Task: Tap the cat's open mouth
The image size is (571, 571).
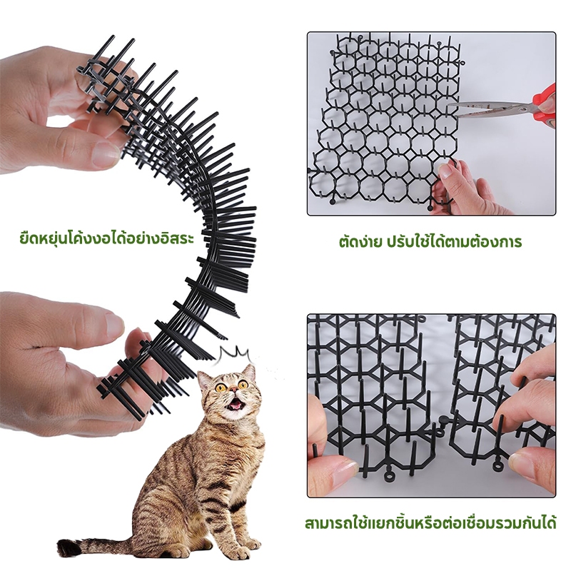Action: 237,403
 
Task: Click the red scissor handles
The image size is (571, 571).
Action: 545,106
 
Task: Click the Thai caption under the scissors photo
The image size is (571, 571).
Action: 430,241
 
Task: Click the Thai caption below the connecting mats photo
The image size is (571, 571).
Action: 430,522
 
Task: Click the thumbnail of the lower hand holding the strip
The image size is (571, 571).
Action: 113,323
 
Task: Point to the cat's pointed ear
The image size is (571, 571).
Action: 249,373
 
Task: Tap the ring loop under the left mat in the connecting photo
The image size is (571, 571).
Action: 390,476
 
